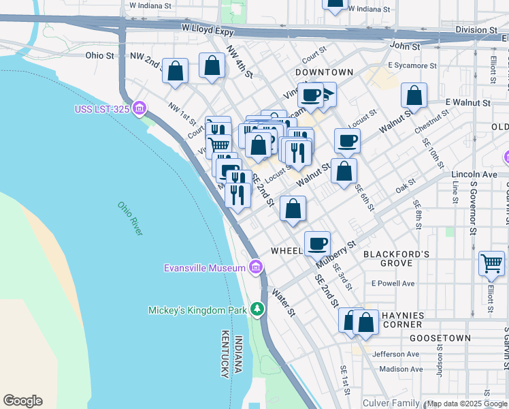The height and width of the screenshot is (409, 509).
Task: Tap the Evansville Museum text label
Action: tap(204, 268)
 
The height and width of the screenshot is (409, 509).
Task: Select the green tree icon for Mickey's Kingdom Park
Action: tap(257, 310)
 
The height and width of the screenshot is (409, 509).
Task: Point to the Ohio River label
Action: tap(129, 219)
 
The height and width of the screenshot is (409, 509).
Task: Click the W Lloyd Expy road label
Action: tap(208, 31)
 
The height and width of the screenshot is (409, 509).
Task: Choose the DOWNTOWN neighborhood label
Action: tap(325, 72)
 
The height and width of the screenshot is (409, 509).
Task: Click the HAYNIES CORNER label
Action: tap(403, 321)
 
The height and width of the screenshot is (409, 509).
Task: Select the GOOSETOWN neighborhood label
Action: tap(440, 338)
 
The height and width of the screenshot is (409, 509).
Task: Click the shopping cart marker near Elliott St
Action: tap(491, 263)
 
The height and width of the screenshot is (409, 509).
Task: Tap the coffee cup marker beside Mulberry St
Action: tap(317, 243)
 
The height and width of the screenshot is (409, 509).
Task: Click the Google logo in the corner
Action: tap(22, 401)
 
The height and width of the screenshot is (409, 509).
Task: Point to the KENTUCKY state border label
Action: tap(225, 354)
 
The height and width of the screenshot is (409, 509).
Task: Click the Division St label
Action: tap(476, 30)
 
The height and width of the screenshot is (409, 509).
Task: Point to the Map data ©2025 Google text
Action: tap(467, 404)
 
